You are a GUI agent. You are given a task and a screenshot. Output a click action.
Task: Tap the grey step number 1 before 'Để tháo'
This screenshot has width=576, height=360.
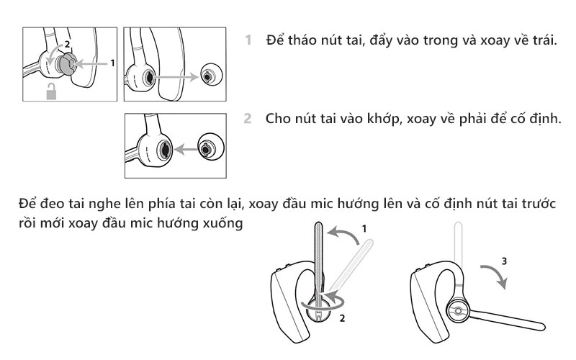pyautogui.click(x=248, y=40)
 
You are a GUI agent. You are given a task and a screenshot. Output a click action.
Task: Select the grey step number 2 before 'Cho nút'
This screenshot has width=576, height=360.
pyautogui.click(x=248, y=117)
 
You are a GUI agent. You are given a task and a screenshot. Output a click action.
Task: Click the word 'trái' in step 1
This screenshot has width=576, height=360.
pyautogui.click(x=541, y=40)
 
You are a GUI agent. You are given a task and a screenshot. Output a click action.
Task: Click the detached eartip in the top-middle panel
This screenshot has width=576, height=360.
pyautogui.click(x=207, y=75)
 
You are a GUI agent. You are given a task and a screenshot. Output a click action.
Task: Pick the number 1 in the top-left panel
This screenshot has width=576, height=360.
pyautogui.click(x=112, y=63)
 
